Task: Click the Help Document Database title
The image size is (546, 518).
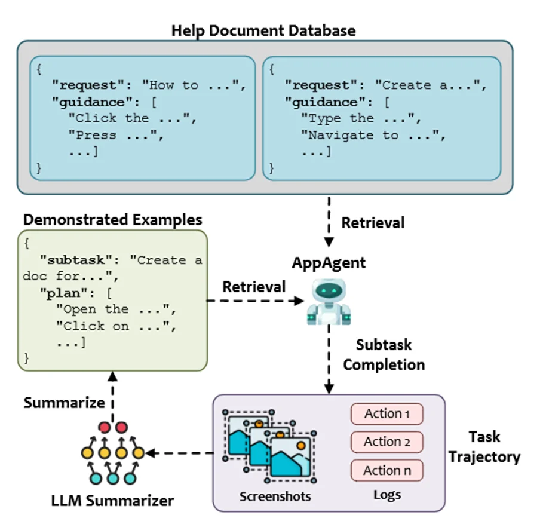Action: [x=263, y=30]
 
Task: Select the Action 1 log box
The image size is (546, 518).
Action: [x=387, y=413]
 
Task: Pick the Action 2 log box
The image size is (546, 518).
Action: [x=387, y=442]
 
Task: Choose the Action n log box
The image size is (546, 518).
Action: [x=387, y=470]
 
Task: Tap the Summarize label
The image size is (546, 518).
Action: [x=64, y=403]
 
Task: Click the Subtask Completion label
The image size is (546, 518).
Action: [x=384, y=354]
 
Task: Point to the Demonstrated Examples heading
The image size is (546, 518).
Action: [x=112, y=219]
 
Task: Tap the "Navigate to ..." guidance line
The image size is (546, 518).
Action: [x=375, y=135]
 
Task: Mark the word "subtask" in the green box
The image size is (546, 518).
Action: [x=81, y=260]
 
